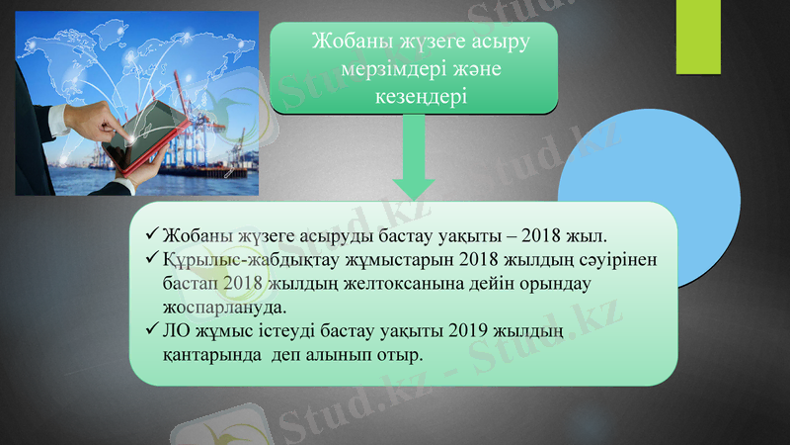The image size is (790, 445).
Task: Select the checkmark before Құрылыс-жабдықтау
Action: [x=150, y=259]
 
